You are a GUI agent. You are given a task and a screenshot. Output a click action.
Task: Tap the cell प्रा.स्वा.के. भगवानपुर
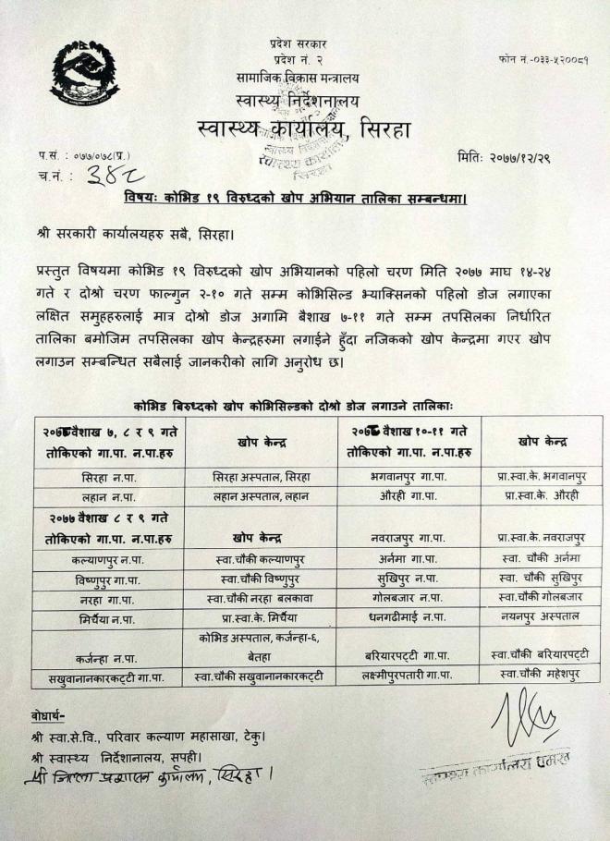coord(541,477)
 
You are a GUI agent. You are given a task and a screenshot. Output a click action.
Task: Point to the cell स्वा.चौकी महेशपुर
coord(541,676)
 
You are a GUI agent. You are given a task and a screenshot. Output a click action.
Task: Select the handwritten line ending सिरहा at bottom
coord(148,774)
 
